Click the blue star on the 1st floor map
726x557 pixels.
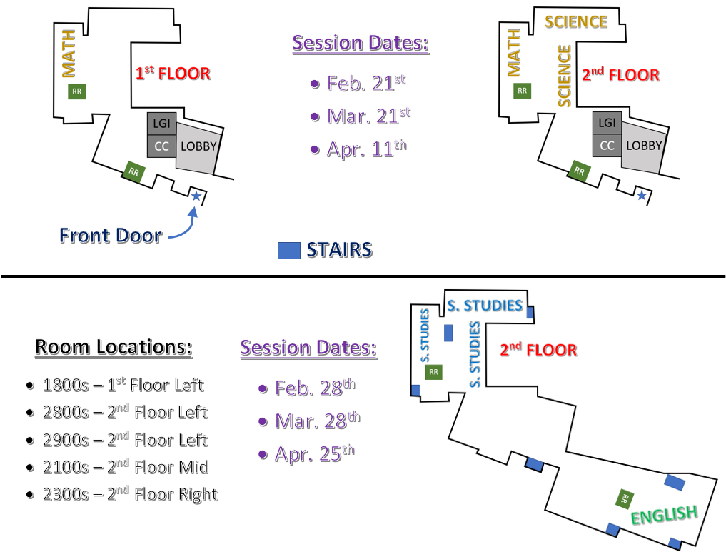(196, 196)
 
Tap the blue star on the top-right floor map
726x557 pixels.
(641, 195)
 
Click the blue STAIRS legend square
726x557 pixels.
(289, 251)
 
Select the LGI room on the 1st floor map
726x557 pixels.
(161, 124)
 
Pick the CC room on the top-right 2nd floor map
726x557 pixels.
(607, 146)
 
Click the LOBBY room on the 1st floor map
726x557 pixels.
(198, 146)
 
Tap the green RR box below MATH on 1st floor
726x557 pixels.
(77, 91)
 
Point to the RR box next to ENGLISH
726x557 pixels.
(625, 498)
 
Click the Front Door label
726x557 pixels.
(111, 235)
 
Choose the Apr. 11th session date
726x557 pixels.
(358, 149)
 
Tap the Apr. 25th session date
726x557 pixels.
(306, 453)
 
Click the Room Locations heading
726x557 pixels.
(114, 347)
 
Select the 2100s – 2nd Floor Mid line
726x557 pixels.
(118, 467)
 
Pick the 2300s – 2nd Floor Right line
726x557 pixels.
(122, 494)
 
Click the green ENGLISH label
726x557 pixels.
(665, 515)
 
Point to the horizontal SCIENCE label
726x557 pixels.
(576, 21)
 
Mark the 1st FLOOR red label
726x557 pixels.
(173, 73)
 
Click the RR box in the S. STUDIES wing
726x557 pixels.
(433, 372)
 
